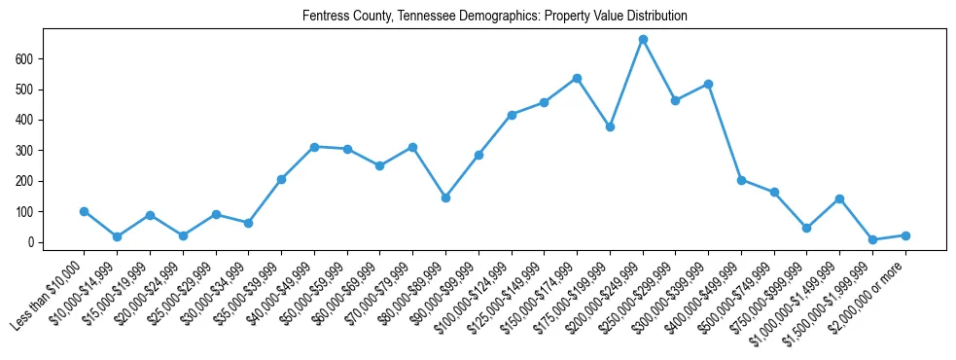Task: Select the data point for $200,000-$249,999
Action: [643, 40]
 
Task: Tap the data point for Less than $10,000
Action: [85, 211]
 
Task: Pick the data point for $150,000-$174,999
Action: [577, 78]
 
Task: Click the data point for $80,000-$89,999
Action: [445, 198]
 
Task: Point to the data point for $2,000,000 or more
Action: [905, 235]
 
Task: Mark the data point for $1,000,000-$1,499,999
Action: [839, 198]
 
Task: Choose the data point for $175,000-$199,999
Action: [610, 126]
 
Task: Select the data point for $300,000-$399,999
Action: [708, 85]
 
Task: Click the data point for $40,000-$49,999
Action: [314, 147]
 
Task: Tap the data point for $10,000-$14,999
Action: [117, 236]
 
